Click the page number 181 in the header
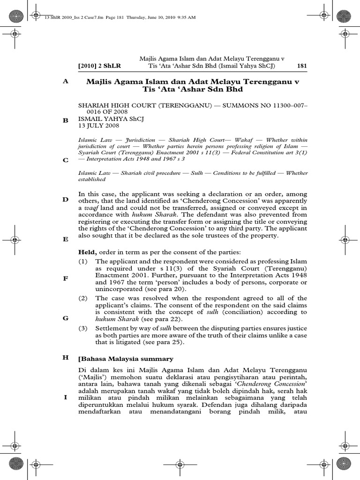click(302, 66)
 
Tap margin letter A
click(66, 81)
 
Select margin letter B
click(66, 120)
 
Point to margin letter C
click(66, 160)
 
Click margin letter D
click(66, 199)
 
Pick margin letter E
click(66, 239)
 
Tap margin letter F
click(66, 278)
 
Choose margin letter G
click(66, 318)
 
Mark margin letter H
click(66, 357)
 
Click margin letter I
click(66, 397)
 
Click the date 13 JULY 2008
click(98, 126)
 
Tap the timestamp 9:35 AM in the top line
click(186, 17)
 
